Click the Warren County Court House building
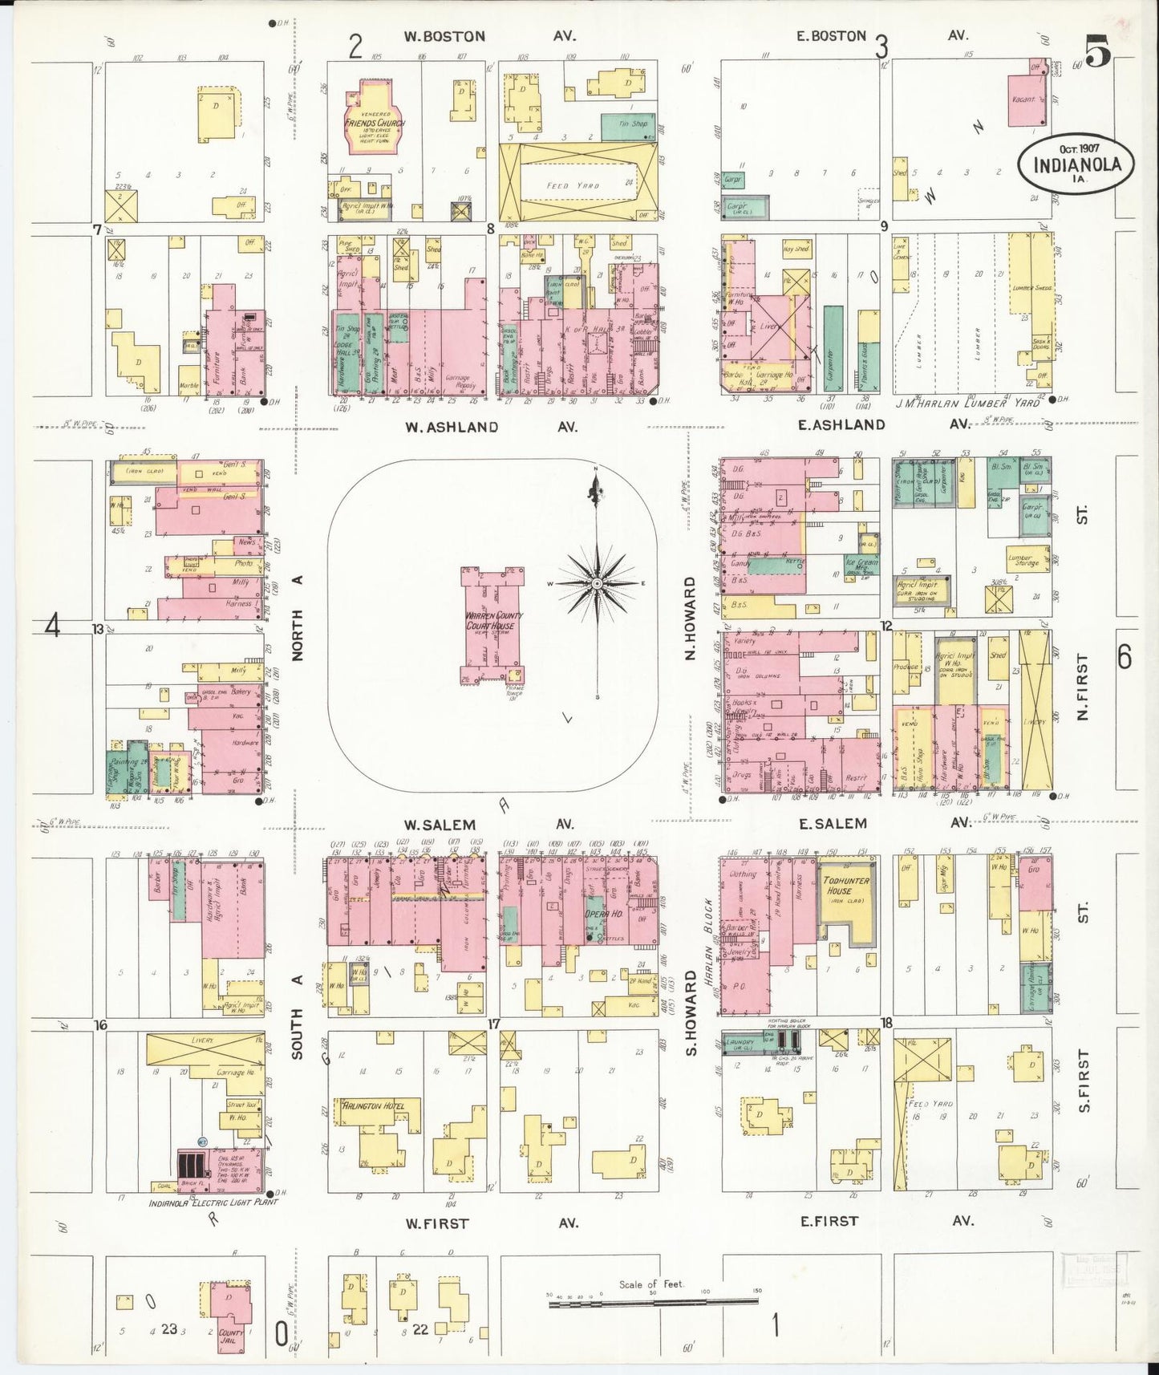(492, 623)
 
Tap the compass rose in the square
(597, 584)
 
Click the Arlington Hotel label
(374, 1106)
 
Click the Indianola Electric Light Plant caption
(213, 1203)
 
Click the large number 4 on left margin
(53, 625)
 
